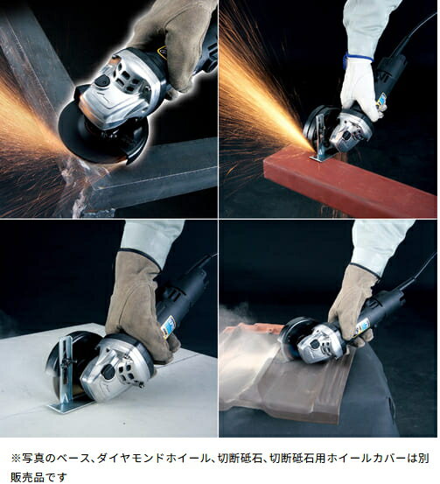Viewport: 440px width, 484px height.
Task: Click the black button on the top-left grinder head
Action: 102,81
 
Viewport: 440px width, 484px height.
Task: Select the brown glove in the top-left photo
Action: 175,40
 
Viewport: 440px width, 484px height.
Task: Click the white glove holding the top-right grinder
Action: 360,87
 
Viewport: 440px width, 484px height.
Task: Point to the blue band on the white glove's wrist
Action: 359,58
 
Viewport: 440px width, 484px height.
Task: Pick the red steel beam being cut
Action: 350,179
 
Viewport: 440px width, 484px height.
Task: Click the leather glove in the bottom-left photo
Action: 140,305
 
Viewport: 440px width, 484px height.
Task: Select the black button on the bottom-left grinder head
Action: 108,371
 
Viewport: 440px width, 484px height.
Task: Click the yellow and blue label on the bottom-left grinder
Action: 170,326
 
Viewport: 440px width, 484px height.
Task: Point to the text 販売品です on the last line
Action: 38,477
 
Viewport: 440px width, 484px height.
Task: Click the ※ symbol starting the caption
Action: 16,458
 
